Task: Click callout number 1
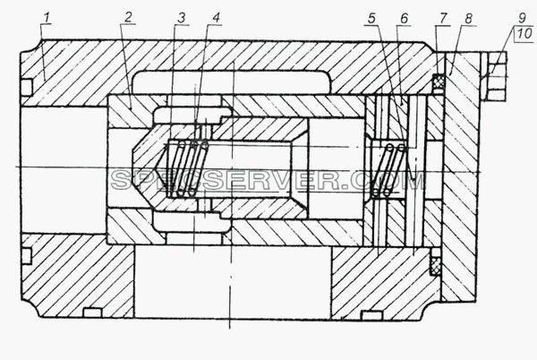47,18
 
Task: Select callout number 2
128,18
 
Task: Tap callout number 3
182,18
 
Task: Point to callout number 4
216,18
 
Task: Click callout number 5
372,18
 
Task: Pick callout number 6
405,18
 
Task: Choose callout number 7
444,18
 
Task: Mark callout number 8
469,18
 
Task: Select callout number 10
524,33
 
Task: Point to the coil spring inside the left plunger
187,168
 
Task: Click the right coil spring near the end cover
389,171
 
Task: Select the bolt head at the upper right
496,76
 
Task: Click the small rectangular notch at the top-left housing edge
27,87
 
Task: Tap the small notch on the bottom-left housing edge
92,313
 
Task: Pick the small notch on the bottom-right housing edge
371,315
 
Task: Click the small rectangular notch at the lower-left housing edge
26,256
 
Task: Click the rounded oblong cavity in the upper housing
232,81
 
